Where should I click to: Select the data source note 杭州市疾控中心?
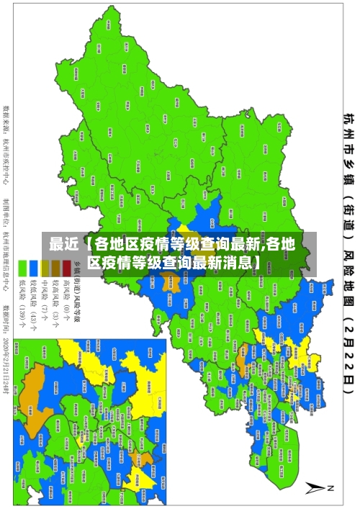[8, 140]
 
